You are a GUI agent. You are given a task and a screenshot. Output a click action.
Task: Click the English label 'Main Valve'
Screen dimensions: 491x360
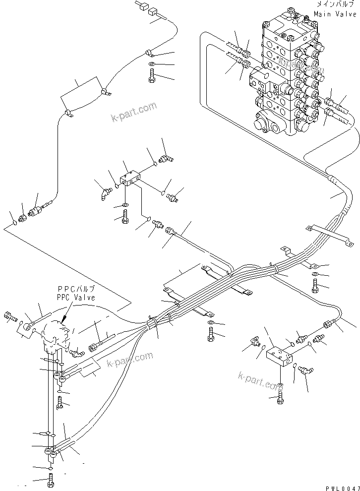coord(335,14)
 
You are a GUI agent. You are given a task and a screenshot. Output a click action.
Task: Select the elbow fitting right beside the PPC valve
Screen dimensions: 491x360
coord(76,353)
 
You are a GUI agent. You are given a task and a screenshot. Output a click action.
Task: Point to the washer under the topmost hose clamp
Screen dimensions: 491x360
coord(151,64)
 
